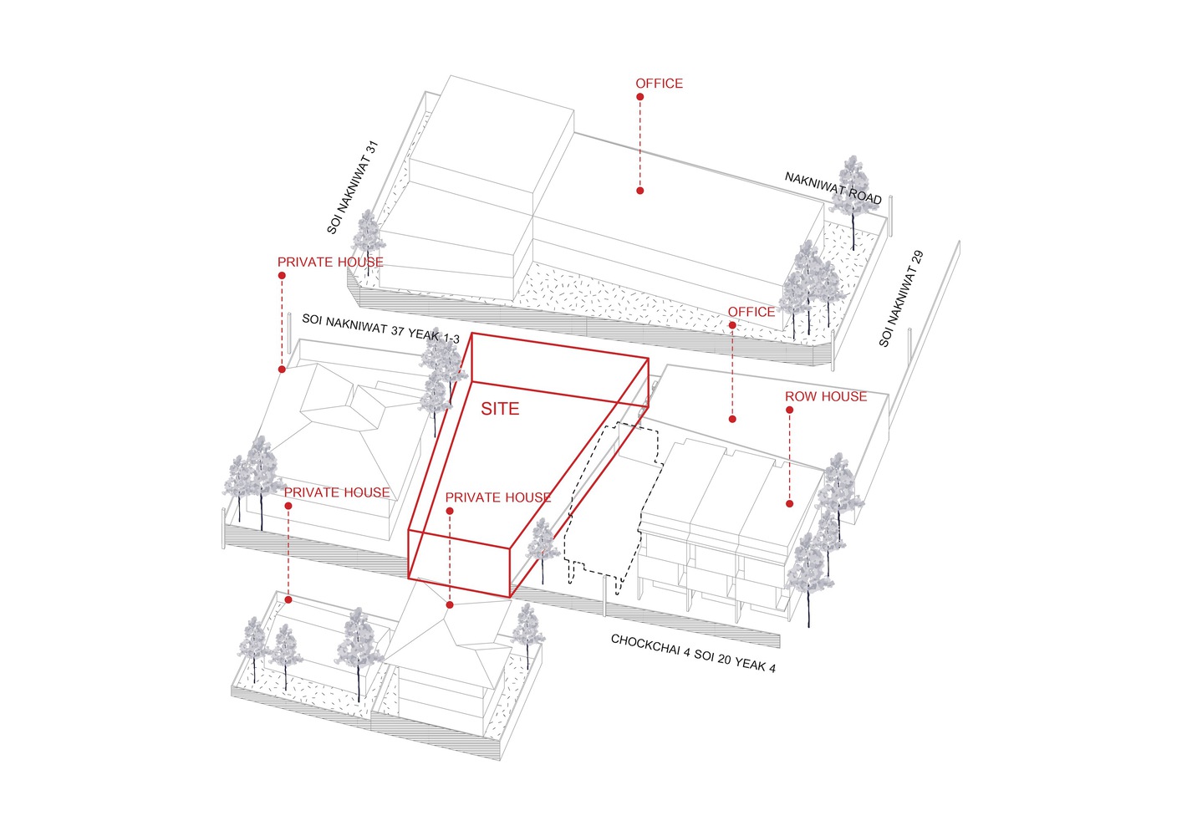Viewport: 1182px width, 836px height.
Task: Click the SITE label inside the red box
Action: point(500,409)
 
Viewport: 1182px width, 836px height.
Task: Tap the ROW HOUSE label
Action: point(826,396)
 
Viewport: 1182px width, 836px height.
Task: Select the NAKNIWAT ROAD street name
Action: point(833,188)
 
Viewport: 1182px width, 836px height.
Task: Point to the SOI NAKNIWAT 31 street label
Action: point(353,187)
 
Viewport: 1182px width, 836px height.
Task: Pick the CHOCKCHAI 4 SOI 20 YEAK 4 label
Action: point(693,654)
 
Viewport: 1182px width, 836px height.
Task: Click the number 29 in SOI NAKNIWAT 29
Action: point(917,260)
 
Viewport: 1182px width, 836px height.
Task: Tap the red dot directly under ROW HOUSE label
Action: point(789,410)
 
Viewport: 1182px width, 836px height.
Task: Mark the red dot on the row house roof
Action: point(789,504)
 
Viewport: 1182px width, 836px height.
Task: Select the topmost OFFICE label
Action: point(659,84)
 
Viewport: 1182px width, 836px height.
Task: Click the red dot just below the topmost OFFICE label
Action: point(640,97)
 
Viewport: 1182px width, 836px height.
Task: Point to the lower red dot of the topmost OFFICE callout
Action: point(640,191)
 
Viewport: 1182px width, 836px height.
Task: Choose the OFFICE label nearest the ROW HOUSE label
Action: point(751,312)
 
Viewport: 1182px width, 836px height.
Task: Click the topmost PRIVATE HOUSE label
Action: point(330,263)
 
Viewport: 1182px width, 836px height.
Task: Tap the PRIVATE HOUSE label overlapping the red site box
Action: point(497,497)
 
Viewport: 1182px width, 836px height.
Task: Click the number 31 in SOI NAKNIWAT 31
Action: point(373,147)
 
